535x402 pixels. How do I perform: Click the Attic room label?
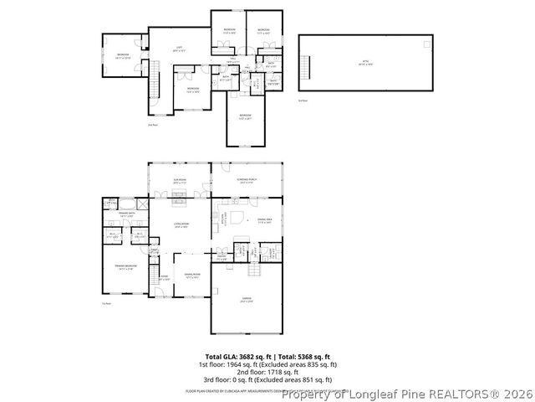[364, 63]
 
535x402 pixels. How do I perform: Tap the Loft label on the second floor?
[178, 48]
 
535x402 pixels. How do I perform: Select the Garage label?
[245, 300]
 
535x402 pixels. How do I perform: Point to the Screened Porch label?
[246, 182]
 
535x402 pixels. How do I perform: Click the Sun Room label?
[179, 182]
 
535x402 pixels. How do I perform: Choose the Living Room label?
[178, 225]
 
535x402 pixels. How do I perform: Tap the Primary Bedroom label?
[126, 268]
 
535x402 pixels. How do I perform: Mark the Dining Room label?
[191, 276]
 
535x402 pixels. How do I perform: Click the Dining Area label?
[265, 221]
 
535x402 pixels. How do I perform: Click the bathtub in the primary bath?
[125, 203]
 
